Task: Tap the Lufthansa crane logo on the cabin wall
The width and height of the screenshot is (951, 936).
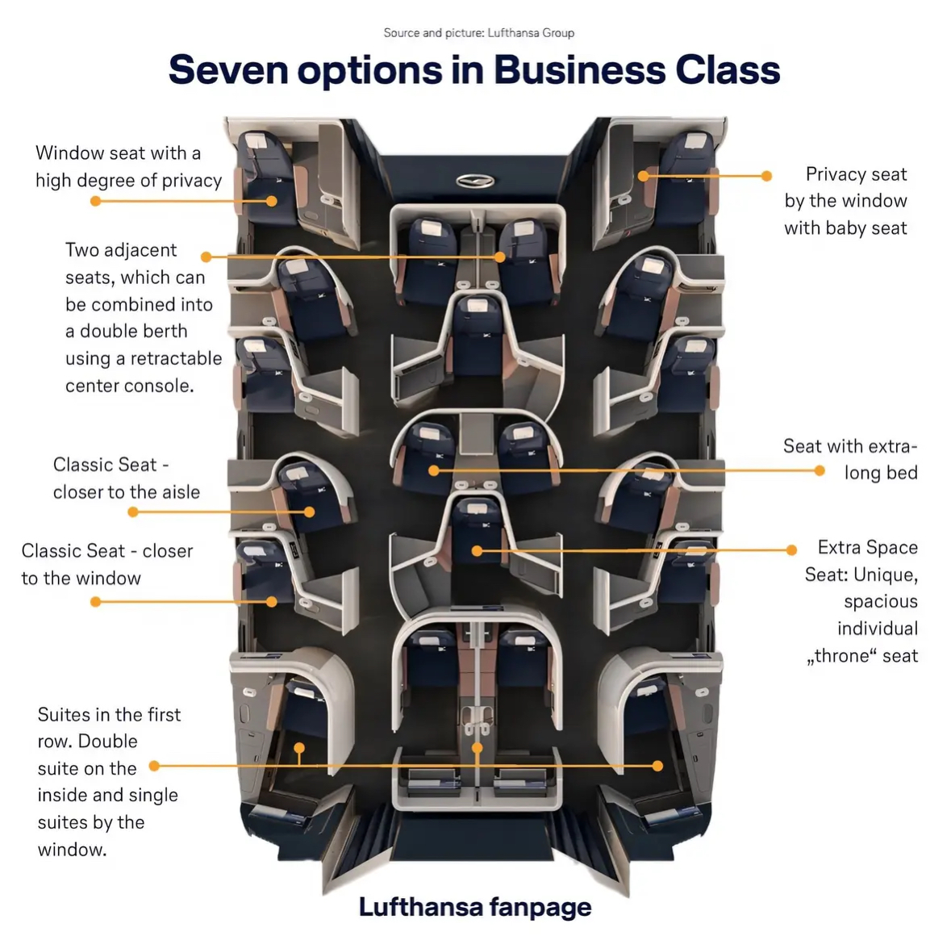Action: pos(475,181)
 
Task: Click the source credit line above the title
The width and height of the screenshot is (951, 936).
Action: pos(478,33)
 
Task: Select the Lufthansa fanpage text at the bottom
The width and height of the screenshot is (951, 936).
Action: pos(475,907)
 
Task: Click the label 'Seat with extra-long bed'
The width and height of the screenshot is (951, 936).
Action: pos(850,459)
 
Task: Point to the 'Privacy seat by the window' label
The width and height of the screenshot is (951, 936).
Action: pos(845,201)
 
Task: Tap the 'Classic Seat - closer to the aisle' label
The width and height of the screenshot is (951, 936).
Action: pos(127,478)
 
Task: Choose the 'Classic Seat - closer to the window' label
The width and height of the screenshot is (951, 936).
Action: pos(106,564)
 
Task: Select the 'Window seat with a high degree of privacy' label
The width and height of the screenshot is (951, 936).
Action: pos(128,166)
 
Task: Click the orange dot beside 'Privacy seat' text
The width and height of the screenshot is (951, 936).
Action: pos(766,175)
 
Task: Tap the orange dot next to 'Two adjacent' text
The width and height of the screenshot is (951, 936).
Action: pos(206,257)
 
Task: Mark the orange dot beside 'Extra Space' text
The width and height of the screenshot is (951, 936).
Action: pos(791,549)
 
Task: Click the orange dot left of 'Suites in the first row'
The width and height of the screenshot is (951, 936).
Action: pos(154,765)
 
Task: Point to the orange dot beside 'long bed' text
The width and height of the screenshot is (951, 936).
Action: pos(820,470)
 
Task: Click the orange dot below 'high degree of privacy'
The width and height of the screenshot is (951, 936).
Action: pos(95,200)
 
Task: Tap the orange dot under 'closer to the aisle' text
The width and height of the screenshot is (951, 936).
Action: pos(130,512)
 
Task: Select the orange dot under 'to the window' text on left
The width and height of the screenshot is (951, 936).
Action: pos(95,601)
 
